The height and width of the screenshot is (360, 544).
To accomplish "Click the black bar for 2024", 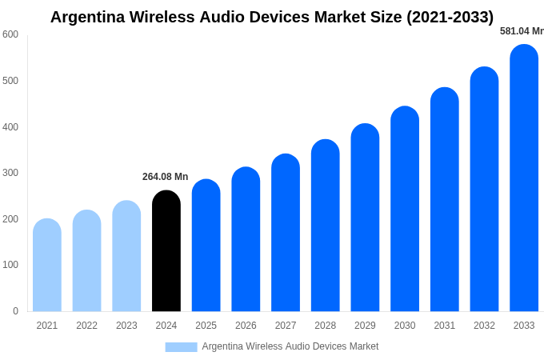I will tap(166, 252).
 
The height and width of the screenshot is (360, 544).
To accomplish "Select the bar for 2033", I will tap(524, 180).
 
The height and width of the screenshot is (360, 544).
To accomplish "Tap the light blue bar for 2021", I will tap(47, 266).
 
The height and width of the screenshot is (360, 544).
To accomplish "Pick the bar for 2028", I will tap(326, 226).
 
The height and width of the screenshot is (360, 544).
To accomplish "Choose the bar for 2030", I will tap(405, 210).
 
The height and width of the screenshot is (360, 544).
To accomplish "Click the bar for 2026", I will tap(246, 240).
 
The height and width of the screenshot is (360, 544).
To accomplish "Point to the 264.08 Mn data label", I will tap(165, 177).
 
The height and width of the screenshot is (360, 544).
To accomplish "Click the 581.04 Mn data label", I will tap(522, 31).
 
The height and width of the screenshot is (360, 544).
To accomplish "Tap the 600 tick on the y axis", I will tap(10, 34).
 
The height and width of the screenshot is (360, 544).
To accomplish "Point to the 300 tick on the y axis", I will tap(10, 173).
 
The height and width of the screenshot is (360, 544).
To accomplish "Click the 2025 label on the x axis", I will tap(206, 326).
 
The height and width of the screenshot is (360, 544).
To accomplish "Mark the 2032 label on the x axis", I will tap(484, 326).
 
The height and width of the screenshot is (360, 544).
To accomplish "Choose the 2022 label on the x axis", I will tap(86, 326).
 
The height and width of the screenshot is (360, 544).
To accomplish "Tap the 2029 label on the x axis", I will tap(365, 326).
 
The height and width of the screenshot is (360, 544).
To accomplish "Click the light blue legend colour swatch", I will tap(181, 346).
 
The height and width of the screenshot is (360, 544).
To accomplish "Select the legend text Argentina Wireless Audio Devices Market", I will tap(290, 346).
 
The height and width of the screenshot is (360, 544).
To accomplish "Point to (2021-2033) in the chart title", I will tap(450, 17).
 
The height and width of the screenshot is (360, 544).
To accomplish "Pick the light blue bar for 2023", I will tap(126, 257).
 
